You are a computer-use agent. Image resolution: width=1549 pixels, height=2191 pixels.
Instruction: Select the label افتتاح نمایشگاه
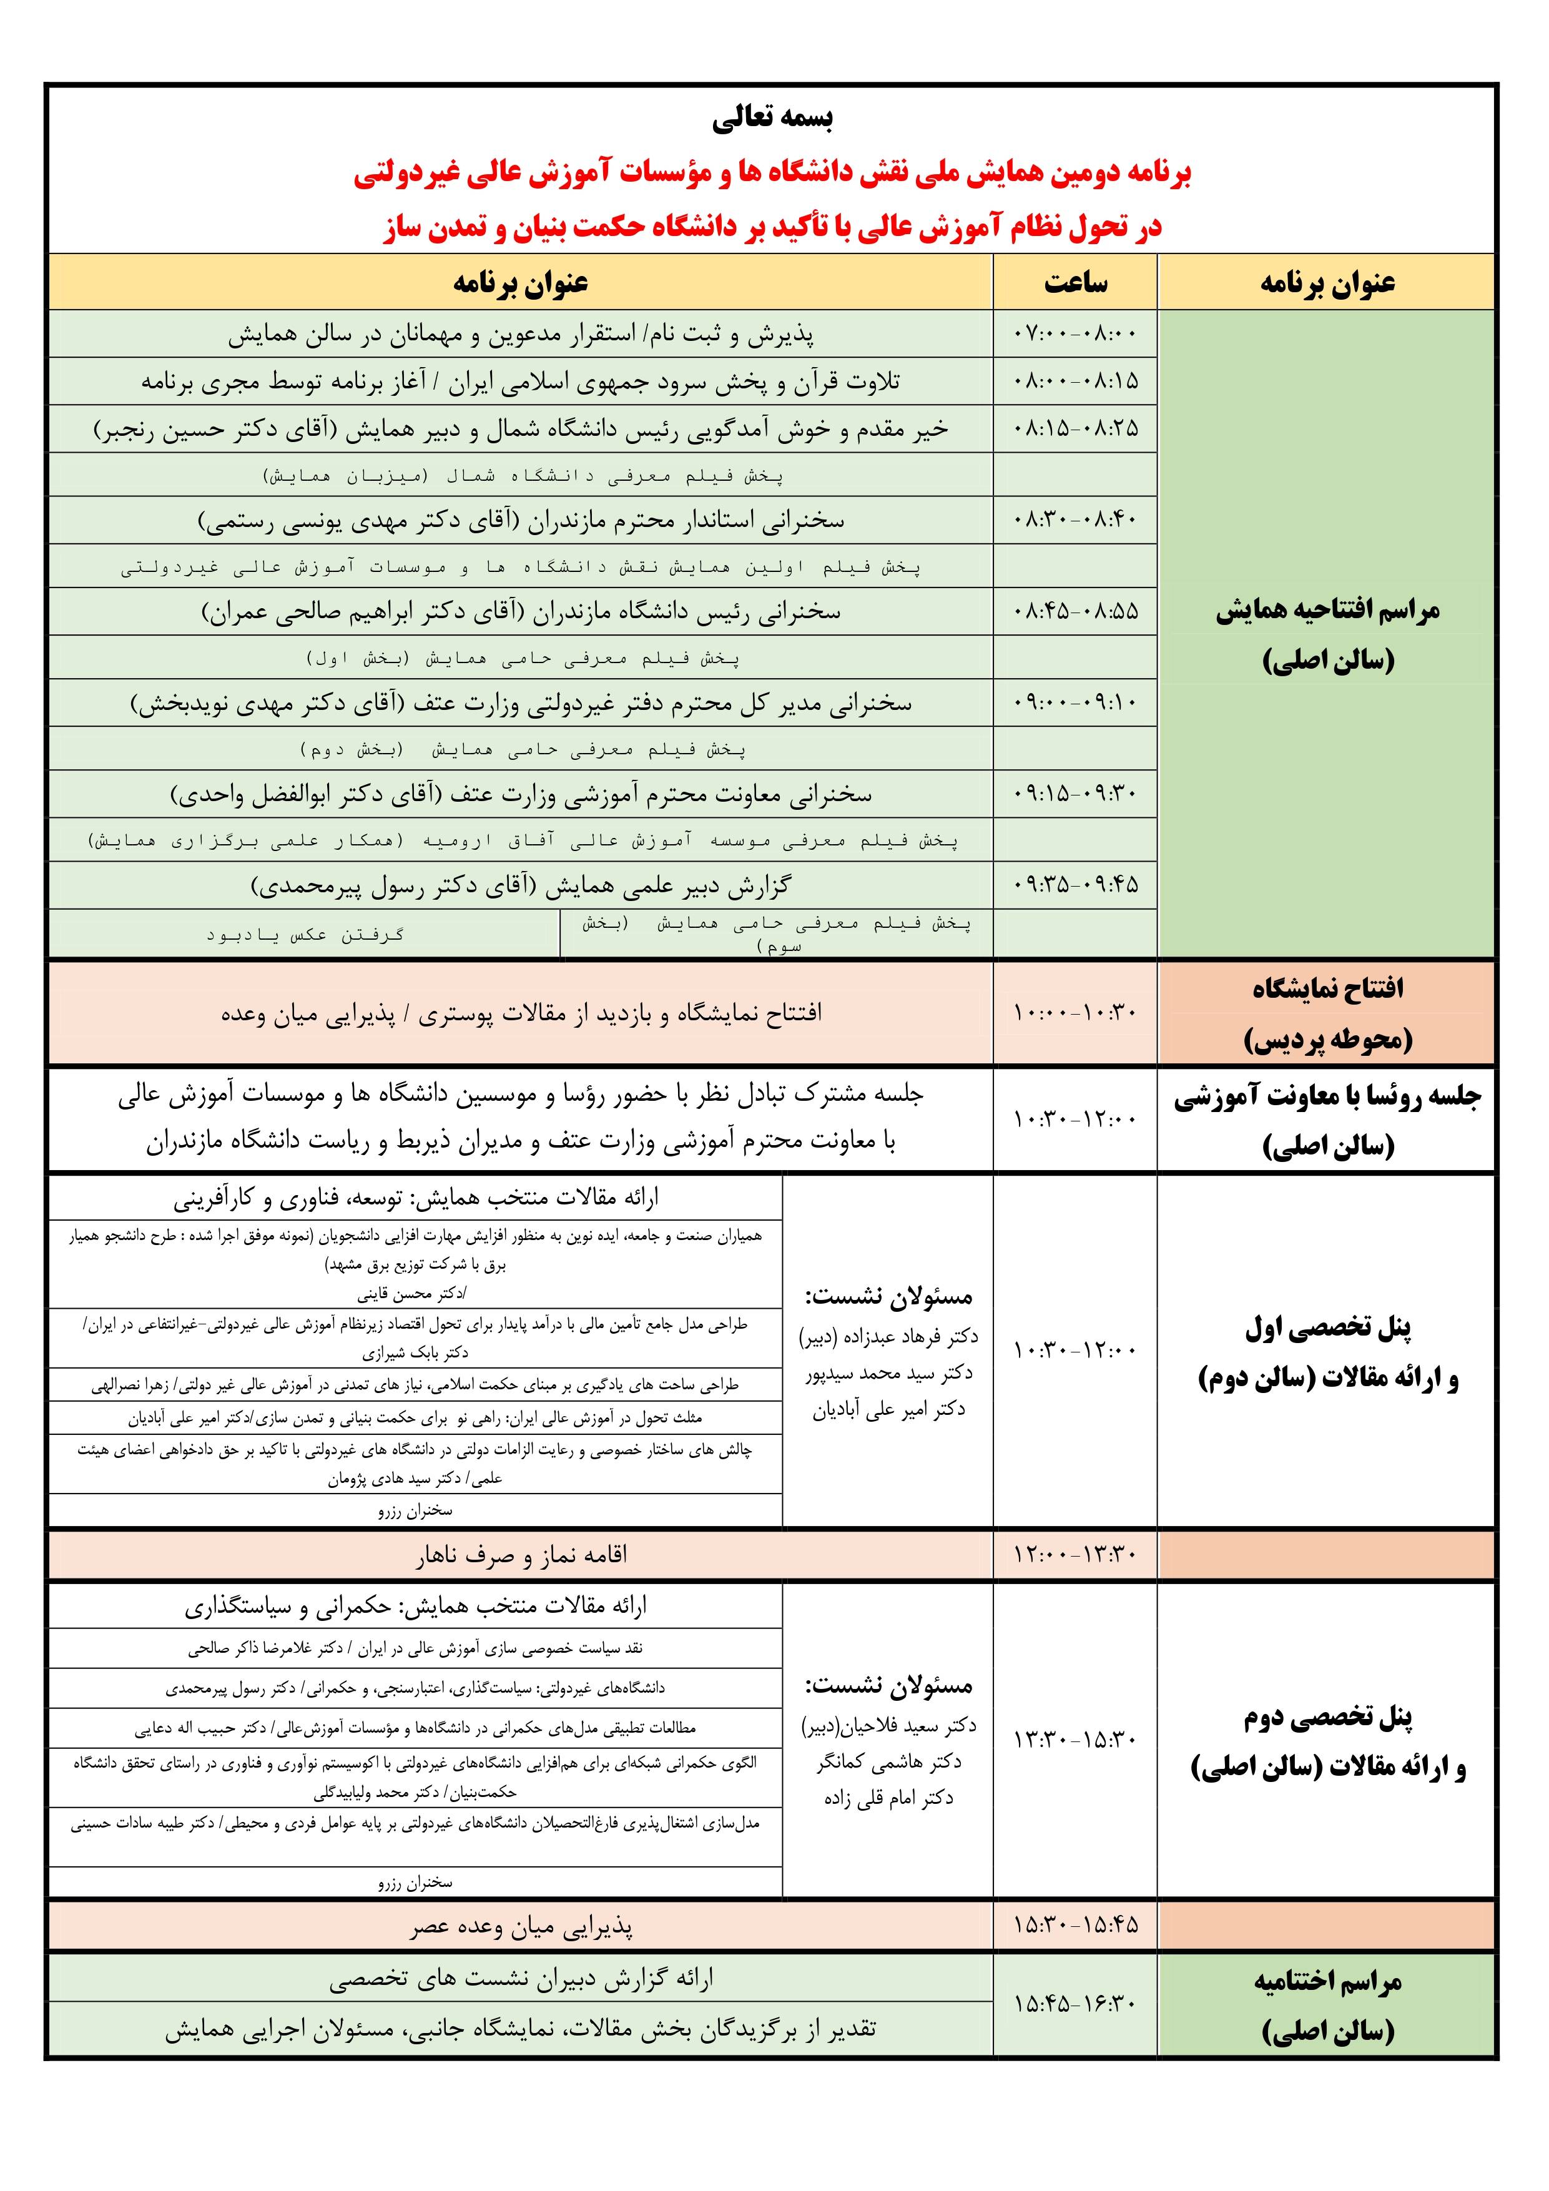[1327, 988]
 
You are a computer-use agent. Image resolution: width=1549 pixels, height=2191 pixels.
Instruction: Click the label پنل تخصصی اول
[1327, 1327]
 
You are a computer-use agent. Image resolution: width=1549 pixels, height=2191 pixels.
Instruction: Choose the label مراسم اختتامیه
[1327, 1981]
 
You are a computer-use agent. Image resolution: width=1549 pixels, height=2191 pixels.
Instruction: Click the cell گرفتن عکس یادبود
[305, 934]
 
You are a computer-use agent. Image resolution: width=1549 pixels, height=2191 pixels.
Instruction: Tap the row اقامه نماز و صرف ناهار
[521, 1555]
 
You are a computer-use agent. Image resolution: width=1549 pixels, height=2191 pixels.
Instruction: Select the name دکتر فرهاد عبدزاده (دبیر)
[888, 1337]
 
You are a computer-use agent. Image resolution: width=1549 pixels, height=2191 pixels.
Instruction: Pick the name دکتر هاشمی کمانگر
[888, 1763]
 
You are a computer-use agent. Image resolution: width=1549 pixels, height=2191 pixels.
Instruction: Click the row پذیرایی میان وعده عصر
[521, 1929]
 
